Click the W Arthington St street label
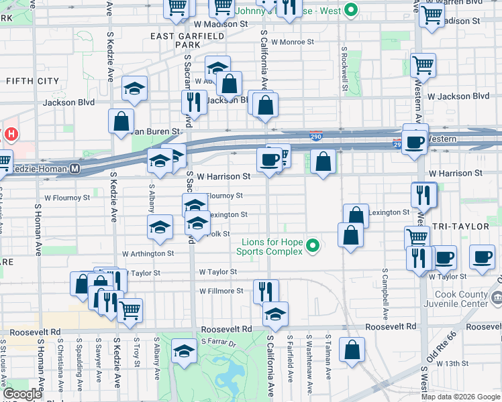coord(148,254)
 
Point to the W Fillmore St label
coord(221,291)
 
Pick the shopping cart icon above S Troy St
coord(130,309)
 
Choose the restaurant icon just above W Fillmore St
coord(266,290)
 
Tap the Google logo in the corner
coord(23,394)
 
